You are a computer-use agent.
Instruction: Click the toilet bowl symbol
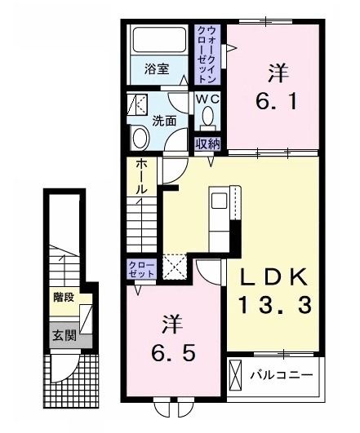coord(207,121)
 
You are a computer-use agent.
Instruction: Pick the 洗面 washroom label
coord(164,121)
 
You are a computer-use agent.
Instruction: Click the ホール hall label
coord(140,175)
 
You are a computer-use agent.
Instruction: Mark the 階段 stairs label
coord(61,297)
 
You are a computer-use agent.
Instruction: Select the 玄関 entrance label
coord(61,334)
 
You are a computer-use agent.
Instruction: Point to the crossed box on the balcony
coord(236,376)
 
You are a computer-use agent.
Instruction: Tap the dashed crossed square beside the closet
coord(174,268)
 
